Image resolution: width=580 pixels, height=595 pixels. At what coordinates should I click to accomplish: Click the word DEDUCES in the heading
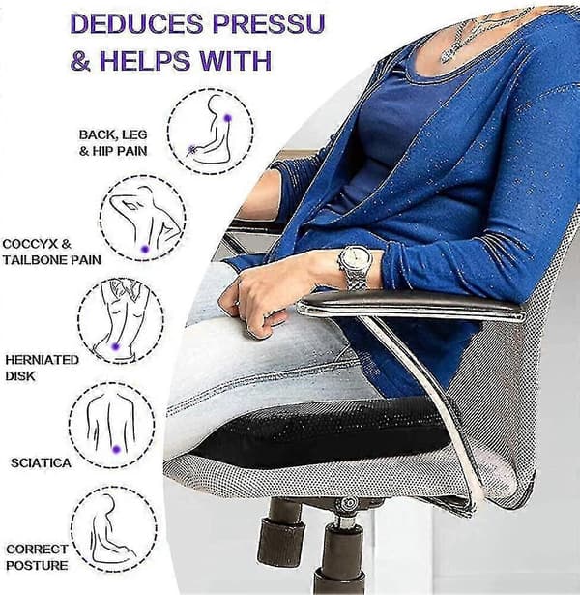[x=137, y=23]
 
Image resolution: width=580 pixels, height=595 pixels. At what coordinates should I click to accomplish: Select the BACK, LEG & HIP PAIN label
[x=113, y=142]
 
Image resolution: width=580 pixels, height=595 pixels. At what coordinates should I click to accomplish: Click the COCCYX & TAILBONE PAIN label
[x=52, y=252]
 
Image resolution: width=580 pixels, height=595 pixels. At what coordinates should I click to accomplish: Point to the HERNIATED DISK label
[x=42, y=368]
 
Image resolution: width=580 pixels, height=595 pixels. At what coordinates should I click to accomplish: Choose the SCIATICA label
[x=41, y=463]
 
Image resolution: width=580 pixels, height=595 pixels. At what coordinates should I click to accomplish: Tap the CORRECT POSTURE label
[x=37, y=557]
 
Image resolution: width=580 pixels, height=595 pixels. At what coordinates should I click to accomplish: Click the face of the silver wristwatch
[x=356, y=258]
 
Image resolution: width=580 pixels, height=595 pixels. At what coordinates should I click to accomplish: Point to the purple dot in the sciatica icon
[x=116, y=449]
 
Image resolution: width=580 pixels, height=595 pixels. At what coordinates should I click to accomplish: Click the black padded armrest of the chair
[x=410, y=303]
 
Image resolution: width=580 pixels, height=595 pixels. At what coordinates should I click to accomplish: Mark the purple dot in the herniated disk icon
[x=116, y=346]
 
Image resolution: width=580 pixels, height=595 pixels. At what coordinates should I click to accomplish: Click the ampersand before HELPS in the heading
[x=81, y=61]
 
